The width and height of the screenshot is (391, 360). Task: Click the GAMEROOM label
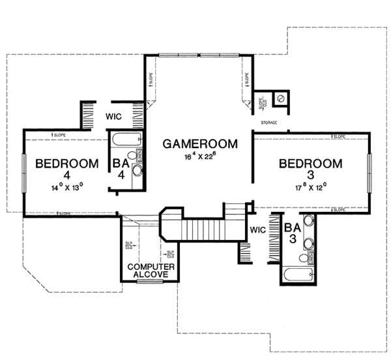[199, 143]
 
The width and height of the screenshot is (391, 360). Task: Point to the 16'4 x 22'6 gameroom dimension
[199, 157]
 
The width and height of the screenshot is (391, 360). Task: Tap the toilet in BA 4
[133, 157]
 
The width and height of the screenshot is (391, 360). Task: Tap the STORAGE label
[269, 123]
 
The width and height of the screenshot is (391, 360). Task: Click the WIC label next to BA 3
[259, 230]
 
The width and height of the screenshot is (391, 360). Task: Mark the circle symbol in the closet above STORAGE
[280, 98]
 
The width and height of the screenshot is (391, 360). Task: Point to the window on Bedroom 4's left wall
[23, 173]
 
